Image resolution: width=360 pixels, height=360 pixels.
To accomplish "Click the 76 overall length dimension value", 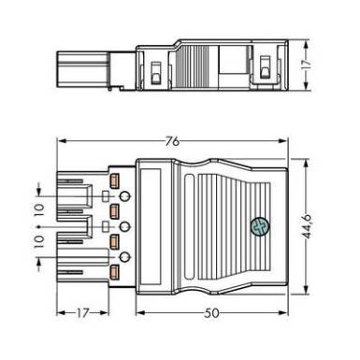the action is pyautogui.click(x=172, y=141).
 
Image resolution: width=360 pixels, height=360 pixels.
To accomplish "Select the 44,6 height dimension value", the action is pyautogui.click(x=308, y=226).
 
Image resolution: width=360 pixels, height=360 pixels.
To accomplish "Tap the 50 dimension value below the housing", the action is pyautogui.click(x=212, y=313).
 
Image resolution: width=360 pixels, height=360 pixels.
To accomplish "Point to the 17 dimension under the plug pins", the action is pyautogui.click(x=83, y=313).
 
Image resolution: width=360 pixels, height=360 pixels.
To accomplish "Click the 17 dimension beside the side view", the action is pyautogui.click(x=307, y=64).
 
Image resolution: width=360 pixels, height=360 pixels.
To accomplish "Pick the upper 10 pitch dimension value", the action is pyautogui.click(x=39, y=210).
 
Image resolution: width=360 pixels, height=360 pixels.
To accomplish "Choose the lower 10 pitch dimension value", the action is pyautogui.click(x=39, y=241).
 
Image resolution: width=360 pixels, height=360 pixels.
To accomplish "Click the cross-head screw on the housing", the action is pyautogui.click(x=260, y=227).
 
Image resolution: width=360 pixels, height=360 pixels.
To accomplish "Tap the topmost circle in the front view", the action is pyautogui.click(x=125, y=196).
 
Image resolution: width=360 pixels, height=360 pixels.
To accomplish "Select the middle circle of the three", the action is pyautogui.click(x=125, y=226).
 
